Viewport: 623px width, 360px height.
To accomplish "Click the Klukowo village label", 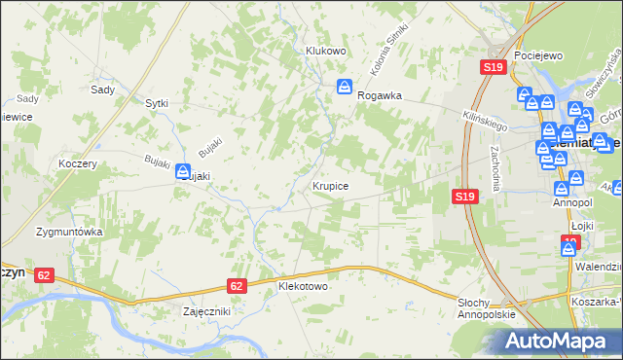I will (326, 51).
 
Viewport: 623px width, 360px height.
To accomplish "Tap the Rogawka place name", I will (380, 96).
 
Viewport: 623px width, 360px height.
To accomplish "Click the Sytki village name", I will (157, 102).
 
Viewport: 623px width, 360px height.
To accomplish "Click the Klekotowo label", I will (303, 288).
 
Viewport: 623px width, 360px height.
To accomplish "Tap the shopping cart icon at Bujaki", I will (184, 172).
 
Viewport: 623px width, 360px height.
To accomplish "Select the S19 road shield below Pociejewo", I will (493, 67).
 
